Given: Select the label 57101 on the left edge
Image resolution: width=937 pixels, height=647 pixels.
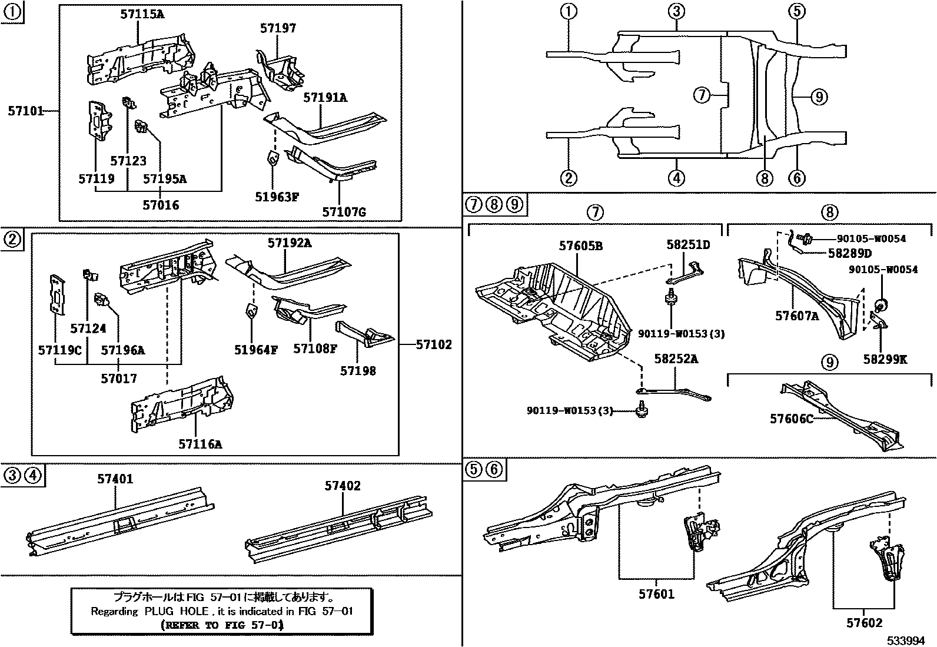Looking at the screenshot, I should (25, 111).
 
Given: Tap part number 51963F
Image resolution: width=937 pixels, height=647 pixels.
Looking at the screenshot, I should (277, 197).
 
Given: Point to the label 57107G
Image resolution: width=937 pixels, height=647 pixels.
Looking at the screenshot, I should (344, 211).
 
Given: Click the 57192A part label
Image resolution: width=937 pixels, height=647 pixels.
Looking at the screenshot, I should (289, 243).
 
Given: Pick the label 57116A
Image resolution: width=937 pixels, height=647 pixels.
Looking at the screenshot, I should (200, 444).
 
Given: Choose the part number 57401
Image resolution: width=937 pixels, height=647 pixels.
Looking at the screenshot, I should (115, 479).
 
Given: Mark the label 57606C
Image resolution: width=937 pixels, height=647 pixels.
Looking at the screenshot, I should (792, 419).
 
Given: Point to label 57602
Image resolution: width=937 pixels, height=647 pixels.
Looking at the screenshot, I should (865, 623).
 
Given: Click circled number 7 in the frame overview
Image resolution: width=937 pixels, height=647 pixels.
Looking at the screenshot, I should (702, 94).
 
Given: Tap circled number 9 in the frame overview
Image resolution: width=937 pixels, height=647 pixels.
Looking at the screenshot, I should (819, 96).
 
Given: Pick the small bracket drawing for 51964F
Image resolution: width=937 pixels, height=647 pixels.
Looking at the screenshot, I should (251, 310).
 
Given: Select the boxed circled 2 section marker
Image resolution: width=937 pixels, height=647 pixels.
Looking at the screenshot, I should (12, 239).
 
